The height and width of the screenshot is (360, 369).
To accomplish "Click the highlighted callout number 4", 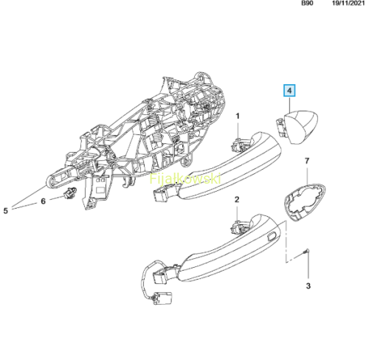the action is (289, 91).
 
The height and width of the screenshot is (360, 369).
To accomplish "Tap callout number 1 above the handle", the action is (238, 116).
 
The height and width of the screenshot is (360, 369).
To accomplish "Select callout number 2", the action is (237, 199).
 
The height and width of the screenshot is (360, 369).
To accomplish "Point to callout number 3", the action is (308, 286).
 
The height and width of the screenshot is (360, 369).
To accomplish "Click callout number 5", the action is (6, 210).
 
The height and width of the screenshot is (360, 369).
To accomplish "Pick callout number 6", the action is (44, 201).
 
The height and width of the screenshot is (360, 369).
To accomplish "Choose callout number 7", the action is (307, 161).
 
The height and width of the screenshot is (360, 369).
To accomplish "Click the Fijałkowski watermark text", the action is (185, 179).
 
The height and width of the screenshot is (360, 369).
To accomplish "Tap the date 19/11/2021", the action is (348, 4).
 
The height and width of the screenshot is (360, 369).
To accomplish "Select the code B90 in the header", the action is (307, 4).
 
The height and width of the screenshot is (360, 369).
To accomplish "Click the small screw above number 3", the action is (306, 252).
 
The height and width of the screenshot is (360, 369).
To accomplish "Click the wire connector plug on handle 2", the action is (162, 298).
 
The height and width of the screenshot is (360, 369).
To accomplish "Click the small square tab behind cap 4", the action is (280, 126).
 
